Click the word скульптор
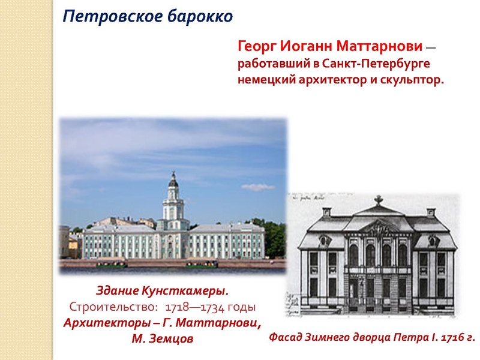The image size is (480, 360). point(411,80)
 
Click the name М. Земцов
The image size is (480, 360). point(162,338)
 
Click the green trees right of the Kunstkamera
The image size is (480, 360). point(275,237)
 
